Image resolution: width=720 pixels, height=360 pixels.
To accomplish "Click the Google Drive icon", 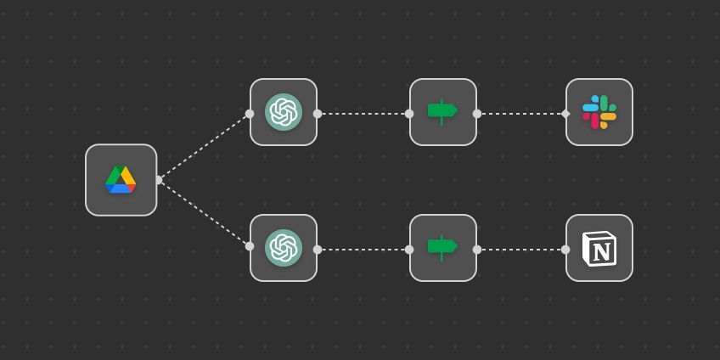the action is (121, 180).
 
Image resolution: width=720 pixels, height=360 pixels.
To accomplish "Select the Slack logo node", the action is (599, 112).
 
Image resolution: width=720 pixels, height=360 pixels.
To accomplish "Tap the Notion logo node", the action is (599, 248).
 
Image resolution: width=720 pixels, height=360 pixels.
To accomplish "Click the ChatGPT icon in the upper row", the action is (284, 112).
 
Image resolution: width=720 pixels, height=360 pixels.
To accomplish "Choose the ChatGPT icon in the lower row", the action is (284, 248).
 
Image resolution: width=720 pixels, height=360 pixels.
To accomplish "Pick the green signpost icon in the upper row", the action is (442, 111).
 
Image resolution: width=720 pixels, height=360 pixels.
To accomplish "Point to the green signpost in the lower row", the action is (442, 247).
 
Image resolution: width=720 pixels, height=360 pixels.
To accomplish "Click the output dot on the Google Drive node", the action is (158, 180).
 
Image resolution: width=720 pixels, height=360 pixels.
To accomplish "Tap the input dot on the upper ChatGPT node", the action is (250, 113).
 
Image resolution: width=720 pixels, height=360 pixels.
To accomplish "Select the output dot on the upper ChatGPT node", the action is (318, 113).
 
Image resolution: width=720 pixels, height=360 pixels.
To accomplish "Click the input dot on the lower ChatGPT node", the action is (250, 246).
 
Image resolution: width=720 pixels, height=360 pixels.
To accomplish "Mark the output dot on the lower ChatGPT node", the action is (318, 250).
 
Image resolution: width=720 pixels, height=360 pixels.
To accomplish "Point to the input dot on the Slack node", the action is (565, 113).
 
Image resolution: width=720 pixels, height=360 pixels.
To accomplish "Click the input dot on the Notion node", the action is (565, 250).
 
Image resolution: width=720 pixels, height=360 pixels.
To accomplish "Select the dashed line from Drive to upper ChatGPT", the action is (204, 146).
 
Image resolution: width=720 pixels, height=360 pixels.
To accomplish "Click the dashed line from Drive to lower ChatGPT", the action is (204, 213).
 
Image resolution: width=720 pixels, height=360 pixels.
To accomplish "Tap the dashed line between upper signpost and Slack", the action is (521, 113).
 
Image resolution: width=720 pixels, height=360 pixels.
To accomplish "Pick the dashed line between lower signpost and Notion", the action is (521, 250).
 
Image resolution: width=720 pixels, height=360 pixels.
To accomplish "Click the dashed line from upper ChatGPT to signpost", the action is (363, 113).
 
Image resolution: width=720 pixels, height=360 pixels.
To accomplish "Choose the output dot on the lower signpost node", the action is (477, 250).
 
